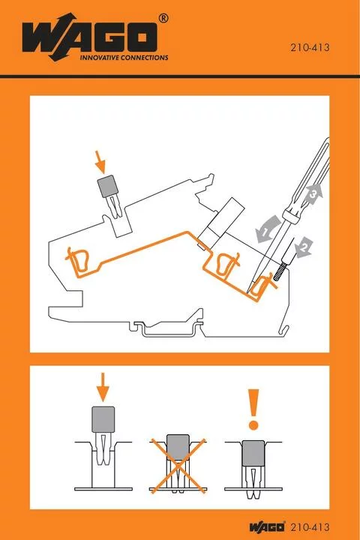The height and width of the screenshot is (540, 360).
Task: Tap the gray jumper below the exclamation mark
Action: coord(254,454)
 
